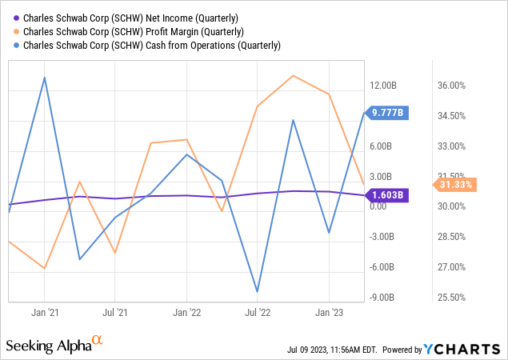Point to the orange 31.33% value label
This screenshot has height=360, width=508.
(x=456, y=186)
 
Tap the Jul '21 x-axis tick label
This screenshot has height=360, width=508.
(x=115, y=312)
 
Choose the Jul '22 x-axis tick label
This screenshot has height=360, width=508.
(x=257, y=312)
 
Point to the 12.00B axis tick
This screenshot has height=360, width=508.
(x=384, y=86)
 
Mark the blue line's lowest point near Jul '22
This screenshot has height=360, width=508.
(x=257, y=291)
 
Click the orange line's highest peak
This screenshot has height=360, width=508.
(x=293, y=75)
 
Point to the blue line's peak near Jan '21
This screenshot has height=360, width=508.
(x=45, y=78)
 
